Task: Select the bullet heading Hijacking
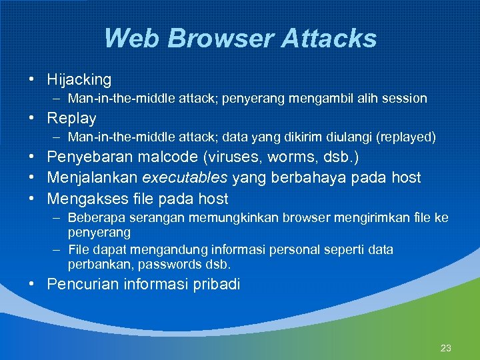(x=79, y=80)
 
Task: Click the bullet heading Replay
(x=71, y=119)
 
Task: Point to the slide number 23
(x=446, y=348)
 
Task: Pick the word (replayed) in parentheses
(x=406, y=138)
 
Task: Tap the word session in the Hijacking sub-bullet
(x=405, y=99)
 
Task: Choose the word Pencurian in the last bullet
(x=81, y=285)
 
